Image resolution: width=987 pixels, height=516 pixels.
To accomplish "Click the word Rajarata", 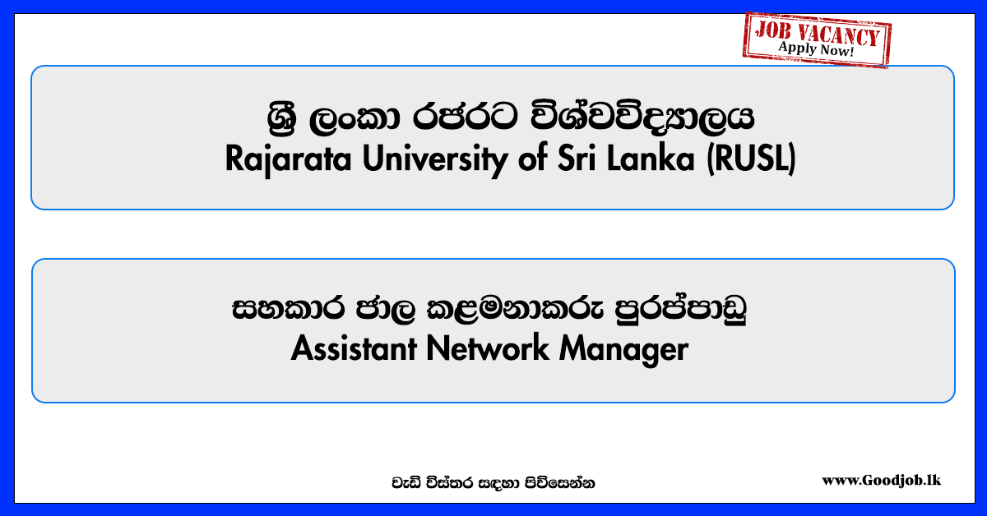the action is pos(288,159).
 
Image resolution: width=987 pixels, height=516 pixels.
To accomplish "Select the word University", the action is pos(435,159).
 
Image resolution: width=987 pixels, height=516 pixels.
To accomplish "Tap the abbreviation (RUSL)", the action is pos(752,159).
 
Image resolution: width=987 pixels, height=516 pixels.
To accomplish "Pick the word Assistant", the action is pos(354,348).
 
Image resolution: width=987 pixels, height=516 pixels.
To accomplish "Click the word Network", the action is pos(488,348).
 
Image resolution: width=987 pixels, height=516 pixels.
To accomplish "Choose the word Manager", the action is pos(624,349).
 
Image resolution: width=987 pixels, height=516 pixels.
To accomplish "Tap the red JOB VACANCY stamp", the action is pos(817,39).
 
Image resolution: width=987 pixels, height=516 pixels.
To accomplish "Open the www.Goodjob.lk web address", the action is pos(881,481).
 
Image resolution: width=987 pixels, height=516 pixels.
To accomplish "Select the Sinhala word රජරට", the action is pos(465,117).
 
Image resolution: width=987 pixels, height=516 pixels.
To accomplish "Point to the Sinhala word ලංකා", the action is pos(354,118).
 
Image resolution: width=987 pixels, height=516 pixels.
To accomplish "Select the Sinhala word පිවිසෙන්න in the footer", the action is pos(559,483).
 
